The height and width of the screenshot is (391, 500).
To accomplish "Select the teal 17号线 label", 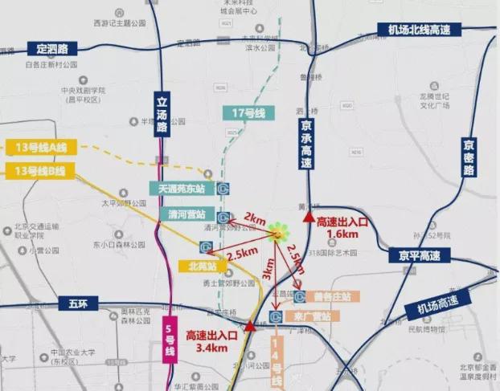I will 248,113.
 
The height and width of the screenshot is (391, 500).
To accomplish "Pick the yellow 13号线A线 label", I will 39,147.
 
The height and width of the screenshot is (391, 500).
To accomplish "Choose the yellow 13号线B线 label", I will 39,170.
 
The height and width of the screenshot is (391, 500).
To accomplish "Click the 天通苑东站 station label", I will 182,189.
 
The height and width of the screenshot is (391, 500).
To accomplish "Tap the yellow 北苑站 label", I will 197,266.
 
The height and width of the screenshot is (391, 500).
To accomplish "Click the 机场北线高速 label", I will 419,31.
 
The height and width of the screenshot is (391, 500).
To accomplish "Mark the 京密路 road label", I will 469,157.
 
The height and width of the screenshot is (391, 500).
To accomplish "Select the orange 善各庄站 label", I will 333,297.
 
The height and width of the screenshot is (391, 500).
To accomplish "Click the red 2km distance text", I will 254,218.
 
